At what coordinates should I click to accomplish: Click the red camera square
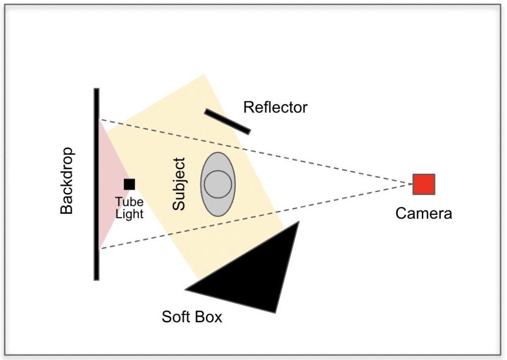tap(424, 184)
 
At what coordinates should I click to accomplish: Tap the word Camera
tap(423, 213)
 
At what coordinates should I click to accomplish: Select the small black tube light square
tap(129, 184)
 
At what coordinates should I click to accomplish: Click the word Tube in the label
tap(129, 203)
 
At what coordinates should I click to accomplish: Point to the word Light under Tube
tap(129, 214)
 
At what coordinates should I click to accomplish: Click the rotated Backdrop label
tap(66, 181)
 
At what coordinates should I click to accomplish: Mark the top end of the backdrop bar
tap(97, 90)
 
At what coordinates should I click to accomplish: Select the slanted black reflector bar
tap(227, 121)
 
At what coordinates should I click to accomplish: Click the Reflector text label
tap(275, 107)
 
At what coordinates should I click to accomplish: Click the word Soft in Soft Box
tap(176, 317)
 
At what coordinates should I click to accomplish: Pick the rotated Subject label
tap(179, 184)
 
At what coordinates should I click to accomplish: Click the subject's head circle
tap(218, 183)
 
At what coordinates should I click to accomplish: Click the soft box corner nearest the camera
tap(299, 222)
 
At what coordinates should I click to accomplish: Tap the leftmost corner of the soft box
tap(186, 289)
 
